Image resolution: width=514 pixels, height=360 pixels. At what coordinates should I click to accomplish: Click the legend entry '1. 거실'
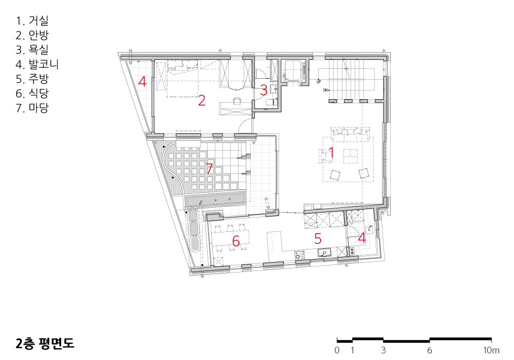coord(32,21)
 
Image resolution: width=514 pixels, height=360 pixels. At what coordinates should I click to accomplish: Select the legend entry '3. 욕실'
coord(32,49)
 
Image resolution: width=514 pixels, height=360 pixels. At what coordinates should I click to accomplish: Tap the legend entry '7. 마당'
coord(32,107)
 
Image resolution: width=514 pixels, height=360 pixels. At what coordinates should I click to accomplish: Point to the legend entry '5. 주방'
coord(32,79)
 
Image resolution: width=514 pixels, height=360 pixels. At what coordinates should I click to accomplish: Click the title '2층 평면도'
coord(45,343)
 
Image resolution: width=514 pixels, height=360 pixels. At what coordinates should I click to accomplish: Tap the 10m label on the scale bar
coord(491,350)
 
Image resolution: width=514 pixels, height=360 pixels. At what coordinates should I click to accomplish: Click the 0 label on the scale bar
coord(337,350)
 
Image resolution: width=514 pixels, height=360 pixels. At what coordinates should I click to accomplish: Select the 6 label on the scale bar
coord(429,350)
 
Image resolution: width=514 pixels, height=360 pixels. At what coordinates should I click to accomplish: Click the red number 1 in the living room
coord(331,153)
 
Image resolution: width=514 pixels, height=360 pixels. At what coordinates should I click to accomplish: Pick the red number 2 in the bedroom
coord(201,100)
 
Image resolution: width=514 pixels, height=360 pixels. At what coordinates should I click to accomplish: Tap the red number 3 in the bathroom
coord(264,90)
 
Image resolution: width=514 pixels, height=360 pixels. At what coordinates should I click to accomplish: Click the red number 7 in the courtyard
coord(209,168)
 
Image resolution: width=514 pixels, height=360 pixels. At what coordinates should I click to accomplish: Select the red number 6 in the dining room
coord(236,241)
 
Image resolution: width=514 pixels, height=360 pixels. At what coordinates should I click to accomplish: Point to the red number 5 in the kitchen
coord(318,239)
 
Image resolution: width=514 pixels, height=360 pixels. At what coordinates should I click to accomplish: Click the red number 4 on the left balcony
coord(142,81)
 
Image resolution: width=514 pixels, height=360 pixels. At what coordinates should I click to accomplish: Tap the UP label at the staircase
coord(319,81)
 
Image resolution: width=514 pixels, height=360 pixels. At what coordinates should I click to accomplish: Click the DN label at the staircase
coord(325,90)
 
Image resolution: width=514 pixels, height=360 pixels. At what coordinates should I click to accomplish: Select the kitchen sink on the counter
coord(325,253)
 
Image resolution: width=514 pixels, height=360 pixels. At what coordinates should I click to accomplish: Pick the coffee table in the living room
coord(351,156)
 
